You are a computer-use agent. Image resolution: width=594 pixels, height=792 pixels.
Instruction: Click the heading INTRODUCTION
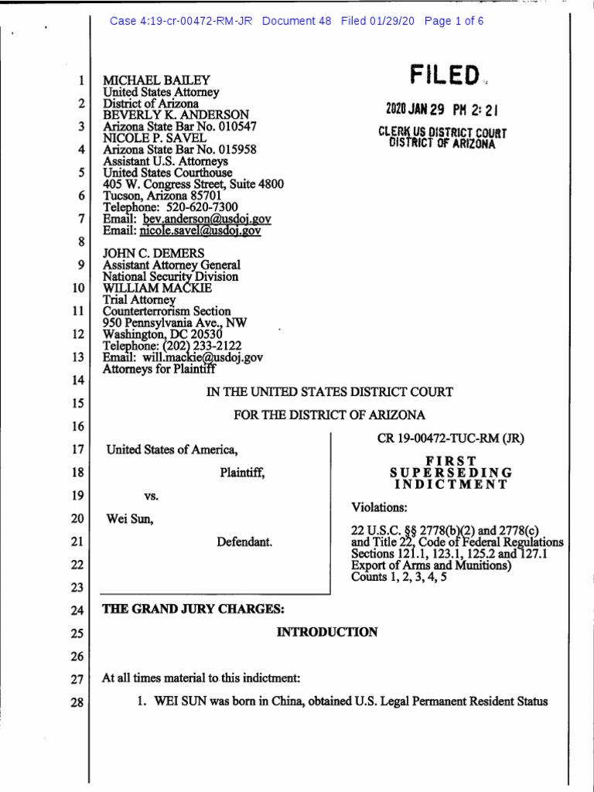(x=327, y=632)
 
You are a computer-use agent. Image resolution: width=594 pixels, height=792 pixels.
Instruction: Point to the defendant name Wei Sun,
(x=130, y=520)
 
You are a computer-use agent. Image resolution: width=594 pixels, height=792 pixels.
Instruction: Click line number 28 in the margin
(x=76, y=703)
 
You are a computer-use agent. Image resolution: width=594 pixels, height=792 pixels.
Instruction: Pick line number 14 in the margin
(x=76, y=381)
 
